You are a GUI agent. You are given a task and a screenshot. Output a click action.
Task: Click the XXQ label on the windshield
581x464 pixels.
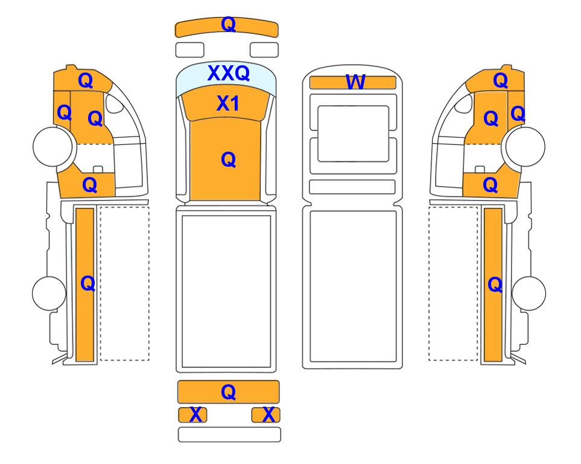228,74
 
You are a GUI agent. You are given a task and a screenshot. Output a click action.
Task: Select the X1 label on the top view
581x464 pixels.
228,103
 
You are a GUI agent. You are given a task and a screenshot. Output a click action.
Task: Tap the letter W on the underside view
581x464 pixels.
355,82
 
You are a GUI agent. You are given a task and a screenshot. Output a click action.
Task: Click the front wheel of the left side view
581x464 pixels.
52,146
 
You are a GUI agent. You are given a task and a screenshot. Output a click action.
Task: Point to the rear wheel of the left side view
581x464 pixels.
49,293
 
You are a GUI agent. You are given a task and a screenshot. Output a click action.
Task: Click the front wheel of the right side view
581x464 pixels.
525,146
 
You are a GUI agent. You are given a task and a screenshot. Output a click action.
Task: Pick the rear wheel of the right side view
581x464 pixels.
529,293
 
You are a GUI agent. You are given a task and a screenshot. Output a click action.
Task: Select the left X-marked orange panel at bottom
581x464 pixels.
192,414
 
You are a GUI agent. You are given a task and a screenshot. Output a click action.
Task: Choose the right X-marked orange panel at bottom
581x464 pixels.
265,414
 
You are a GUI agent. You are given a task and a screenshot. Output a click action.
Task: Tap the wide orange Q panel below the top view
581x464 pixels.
228,392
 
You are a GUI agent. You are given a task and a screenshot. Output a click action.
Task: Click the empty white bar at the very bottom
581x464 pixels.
229,434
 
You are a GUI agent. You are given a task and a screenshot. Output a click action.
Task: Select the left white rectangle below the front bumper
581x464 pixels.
189,50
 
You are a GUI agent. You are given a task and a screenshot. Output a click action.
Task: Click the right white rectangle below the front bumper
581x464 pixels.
264,50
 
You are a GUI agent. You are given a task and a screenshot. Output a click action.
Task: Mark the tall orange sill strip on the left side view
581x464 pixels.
85,285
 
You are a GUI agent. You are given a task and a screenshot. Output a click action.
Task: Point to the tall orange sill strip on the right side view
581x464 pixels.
493,285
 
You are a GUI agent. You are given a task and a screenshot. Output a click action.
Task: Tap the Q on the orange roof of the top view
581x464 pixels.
228,159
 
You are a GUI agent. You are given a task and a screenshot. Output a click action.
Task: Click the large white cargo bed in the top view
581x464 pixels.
226,291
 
